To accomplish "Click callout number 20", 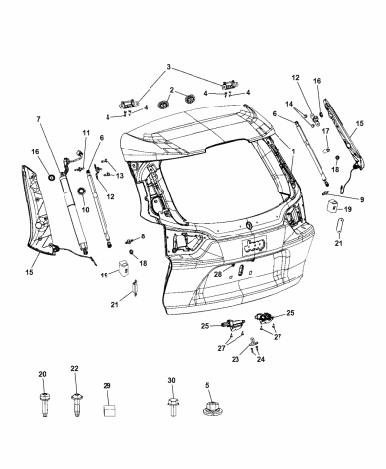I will click(42, 376).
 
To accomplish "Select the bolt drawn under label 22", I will click(76, 402).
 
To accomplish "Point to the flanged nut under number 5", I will click(208, 412).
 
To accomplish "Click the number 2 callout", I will click(171, 90).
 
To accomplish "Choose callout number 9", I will click(361, 198).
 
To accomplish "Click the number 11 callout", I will click(86, 133).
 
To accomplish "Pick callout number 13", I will click(121, 175).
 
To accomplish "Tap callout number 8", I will click(141, 237).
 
